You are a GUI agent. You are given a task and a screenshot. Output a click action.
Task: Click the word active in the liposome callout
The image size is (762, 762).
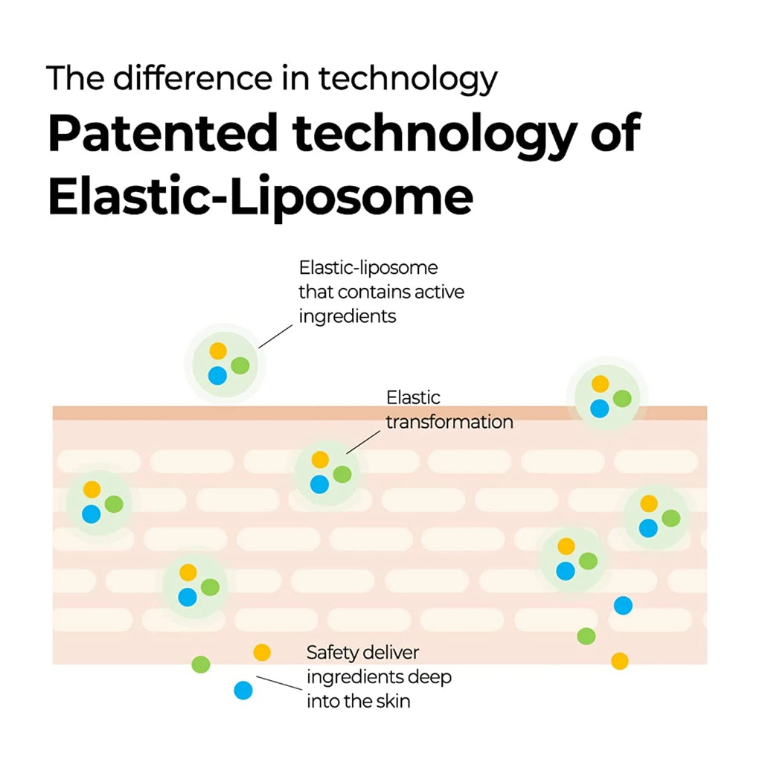pyautogui.click(x=438, y=291)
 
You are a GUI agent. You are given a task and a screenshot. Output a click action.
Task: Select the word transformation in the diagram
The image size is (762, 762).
pyautogui.click(x=449, y=422)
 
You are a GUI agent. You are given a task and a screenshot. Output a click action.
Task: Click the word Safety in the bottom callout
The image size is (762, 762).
pyautogui.click(x=333, y=653)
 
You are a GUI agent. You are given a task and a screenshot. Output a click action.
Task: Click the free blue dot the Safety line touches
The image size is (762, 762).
pyautogui.click(x=243, y=691)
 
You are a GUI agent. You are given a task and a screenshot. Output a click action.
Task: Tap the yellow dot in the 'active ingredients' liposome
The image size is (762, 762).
pyautogui.click(x=217, y=350)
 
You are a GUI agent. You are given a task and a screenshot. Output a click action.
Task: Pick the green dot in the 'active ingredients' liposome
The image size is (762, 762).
pyautogui.click(x=240, y=365)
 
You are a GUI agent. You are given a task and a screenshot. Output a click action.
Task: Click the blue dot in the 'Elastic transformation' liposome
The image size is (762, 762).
pyautogui.click(x=319, y=484)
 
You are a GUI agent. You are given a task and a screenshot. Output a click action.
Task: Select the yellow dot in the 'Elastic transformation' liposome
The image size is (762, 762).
pyautogui.click(x=320, y=460)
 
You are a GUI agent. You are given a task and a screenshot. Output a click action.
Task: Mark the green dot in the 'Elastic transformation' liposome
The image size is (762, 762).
pyautogui.click(x=342, y=474)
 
